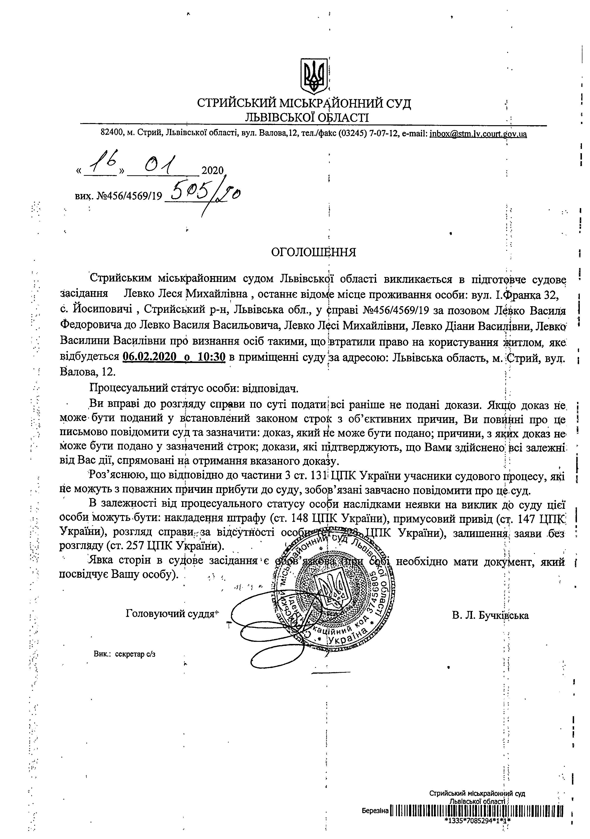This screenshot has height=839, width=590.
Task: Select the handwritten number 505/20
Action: coord(205,194)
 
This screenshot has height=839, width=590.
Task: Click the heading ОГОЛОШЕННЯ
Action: coord(313,252)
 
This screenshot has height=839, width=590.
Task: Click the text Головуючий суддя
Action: coord(170,614)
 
